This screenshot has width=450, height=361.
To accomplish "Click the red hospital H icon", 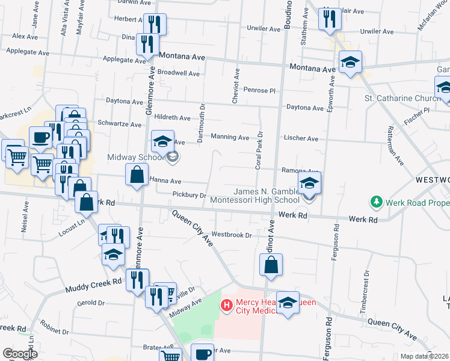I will click(227, 306).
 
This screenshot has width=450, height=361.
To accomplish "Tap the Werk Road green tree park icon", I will click(376, 201).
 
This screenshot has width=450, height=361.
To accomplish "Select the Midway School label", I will click(134, 158).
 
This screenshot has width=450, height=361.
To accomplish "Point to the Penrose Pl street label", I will click(259, 90).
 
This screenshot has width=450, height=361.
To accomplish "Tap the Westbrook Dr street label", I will click(231, 235).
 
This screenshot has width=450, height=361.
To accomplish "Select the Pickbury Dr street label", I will click(190, 195).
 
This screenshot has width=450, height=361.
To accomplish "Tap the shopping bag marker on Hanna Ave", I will click(137, 175).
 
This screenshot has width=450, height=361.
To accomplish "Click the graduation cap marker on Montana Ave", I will click(350, 63).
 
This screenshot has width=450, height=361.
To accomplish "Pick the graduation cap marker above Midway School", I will click(162, 141).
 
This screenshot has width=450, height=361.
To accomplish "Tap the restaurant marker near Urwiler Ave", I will click(330, 19).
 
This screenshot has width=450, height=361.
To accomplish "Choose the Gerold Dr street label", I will click(92, 303).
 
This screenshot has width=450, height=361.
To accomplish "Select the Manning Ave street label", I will click(230, 137).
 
